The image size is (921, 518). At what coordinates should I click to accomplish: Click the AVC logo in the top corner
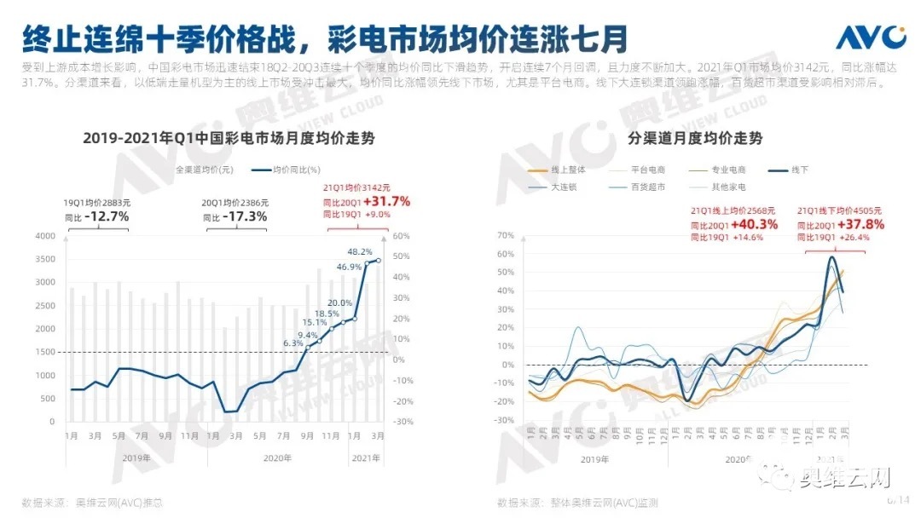(x=869, y=37)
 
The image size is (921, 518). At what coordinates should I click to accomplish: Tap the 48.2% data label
(x=359, y=252)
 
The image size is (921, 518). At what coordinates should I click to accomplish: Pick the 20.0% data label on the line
(x=339, y=302)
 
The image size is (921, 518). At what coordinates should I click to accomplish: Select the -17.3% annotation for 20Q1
(x=245, y=216)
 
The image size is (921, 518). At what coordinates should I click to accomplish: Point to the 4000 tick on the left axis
(x=43, y=236)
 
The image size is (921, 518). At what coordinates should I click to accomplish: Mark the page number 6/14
(x=899, y=499)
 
